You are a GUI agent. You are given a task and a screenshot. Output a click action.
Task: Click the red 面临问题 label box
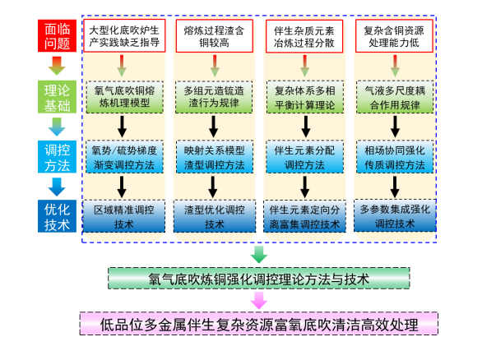click(x=57, y=35)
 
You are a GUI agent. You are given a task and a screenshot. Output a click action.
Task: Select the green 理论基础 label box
click(x=57, y=97)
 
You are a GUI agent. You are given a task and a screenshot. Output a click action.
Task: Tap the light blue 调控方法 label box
click(x=57, y=157)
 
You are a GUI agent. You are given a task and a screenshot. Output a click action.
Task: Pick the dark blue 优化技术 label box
click(x=57, y=216)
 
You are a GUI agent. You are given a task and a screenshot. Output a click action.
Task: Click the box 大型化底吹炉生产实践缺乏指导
click(x=124, y=35)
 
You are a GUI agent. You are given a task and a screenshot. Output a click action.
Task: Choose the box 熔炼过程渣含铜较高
click(x=215, y=35)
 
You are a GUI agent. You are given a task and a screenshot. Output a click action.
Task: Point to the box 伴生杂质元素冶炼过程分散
click(x=304, y=36)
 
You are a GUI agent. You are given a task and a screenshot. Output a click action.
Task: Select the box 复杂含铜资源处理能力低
click(x=394, y=35)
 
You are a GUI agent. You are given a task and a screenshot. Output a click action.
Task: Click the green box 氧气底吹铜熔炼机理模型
click(x=125, y=97)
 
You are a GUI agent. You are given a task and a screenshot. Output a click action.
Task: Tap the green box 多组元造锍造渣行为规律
click(x=214, y=97)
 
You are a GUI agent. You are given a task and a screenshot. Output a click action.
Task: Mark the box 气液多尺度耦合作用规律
click(x=395, y=97)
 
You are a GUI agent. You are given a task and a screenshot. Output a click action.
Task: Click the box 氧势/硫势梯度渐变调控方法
click(x=124, y=157)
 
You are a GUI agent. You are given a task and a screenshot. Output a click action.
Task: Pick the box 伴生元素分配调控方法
click(x=304, y=157)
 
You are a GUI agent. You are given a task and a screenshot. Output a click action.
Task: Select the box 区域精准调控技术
click(x=124, y=216)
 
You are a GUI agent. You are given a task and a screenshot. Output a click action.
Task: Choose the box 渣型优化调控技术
click(x=215, y=216)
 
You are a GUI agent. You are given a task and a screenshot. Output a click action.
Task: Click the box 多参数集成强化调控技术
click(x=395, y=215)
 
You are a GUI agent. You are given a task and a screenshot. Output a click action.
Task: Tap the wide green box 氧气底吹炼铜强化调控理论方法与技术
click(x=259, y=278)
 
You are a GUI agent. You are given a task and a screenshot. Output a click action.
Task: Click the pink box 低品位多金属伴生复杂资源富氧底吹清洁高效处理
click(x=259, y=324)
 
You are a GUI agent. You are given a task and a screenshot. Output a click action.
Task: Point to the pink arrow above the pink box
click(x=259, y=300)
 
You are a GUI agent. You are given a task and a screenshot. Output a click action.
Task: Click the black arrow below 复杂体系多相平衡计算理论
click(x=305, y=127)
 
